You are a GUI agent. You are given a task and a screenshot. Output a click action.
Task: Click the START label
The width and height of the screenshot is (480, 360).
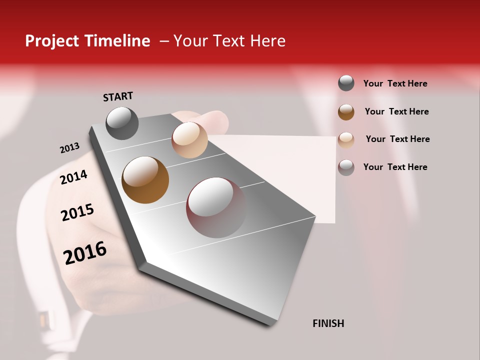pyautogui.click(x=118, y=96)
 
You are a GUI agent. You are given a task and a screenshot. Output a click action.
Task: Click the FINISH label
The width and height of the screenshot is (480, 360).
pyautogui.click(x=328, y=323)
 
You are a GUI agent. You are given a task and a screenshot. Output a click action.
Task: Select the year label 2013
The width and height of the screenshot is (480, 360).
pyautogui.click(x=69, y=148)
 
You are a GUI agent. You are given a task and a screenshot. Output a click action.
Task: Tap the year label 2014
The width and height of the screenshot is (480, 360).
pyautogui.click(x=73, y=177)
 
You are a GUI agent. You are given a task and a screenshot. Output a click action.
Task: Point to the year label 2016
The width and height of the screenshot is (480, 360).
pyautogui.click(x=85, y=253)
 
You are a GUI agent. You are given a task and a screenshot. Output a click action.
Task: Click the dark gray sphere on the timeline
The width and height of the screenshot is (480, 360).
pyautogui.click(x=122, y=123)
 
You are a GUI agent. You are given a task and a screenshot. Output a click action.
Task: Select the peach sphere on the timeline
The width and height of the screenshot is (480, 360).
pyautogui.click(x=189, y=140)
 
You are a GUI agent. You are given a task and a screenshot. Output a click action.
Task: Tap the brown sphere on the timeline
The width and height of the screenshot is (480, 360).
pyautogui.click(x=145, y=180)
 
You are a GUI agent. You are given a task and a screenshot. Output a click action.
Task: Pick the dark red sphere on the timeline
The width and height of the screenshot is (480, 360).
pyautogui.click(x=216, y=207)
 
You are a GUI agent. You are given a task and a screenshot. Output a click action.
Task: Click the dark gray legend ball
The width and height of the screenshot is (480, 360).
pyautogui.click(x=346, y=83)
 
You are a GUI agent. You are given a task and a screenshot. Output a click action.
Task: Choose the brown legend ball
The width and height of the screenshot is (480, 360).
pyautogui.click(x=346, y=111)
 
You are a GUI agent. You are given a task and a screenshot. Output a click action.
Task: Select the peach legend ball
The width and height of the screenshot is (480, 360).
pyautogui.click(x=346, y=139)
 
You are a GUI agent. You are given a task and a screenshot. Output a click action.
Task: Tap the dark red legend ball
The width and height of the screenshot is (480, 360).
pyautogui.click(x=346, y=167)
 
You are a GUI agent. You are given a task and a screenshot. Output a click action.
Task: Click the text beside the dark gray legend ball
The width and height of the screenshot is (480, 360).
pyautogui.click(x=395, y=83)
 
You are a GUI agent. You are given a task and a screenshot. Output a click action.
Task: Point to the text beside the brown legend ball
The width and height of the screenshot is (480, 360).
pyautogui.click(x=396, y=111)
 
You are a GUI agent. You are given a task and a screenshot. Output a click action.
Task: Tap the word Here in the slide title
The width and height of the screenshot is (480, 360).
pyautogui.click(x=267, y=41)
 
